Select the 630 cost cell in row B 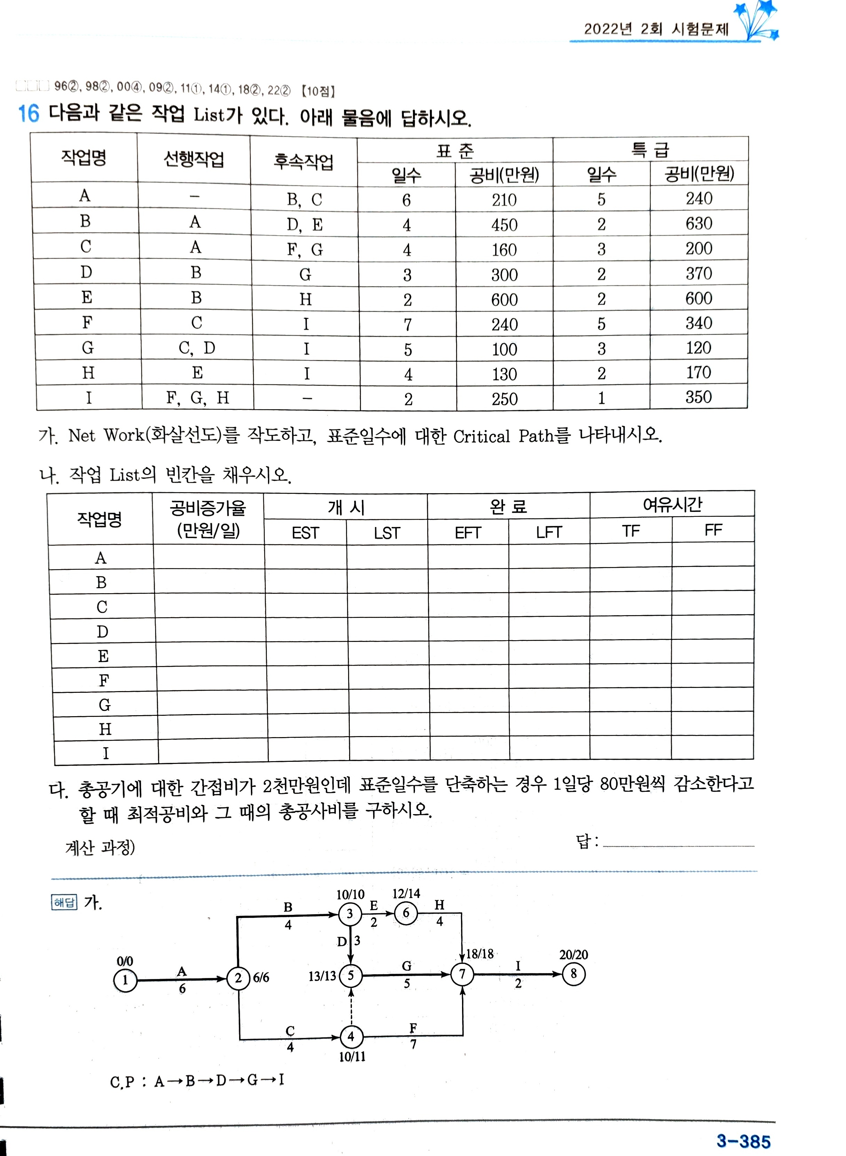click(699, 223)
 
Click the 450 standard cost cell click(505, 225)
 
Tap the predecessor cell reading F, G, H click(197, 397)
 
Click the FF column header click(713, 530)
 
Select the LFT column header click(549, 532)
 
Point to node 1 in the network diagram click(125, 980)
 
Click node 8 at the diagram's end click(573, 974)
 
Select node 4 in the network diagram click(351, 1037)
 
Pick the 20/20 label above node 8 click(574, 955)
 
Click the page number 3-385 click(743, 1141)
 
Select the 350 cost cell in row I click(699, 397)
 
